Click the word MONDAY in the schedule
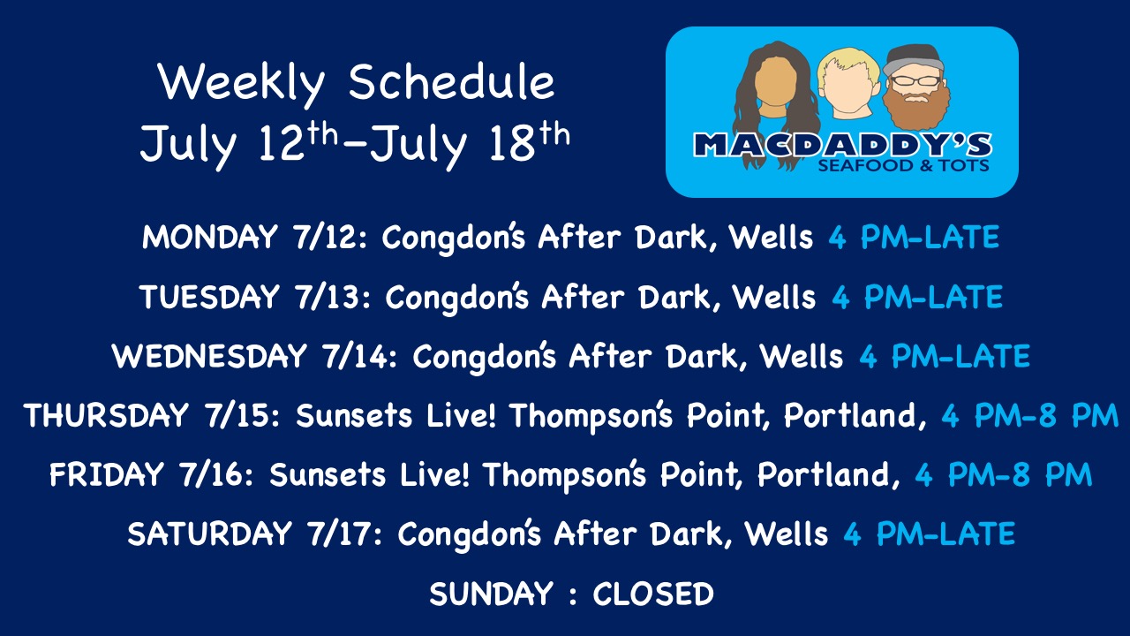210,237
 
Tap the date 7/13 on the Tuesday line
328,296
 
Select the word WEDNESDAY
209,356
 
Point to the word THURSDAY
106,415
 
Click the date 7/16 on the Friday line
211,474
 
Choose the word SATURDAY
210,534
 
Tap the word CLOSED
653,594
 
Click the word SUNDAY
492,594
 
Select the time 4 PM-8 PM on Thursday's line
1029,415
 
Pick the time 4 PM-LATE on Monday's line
914,237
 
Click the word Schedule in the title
451,82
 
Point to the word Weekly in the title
241,84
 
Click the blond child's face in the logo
848,86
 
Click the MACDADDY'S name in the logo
842,145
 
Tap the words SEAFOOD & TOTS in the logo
903,165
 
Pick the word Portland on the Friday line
829,474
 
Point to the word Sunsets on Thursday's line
354,415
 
